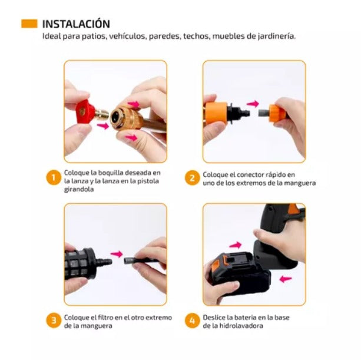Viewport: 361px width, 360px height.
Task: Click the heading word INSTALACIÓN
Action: pyautogui.click(x=76, y=24)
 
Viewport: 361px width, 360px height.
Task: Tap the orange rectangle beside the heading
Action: pyautogui.click(x=29, y=24)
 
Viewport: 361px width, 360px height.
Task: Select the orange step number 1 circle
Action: pyautogui.click(x=54, y=178)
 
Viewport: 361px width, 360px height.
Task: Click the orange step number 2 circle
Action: pyautogui.click(x=192, y=178)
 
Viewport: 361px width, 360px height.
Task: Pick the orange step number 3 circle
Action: pyautogui.click(x=54, y=321)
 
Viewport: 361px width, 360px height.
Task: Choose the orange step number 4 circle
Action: pyautogui.click(x=192, y=321)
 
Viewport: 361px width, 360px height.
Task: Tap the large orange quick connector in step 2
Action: pyautogui.click(x=216, y=113)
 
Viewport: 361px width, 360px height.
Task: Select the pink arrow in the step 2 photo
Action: pyautogui.click(x=253, y=104)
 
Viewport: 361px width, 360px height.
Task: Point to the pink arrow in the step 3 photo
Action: pyautogui.click(x=117, y=254)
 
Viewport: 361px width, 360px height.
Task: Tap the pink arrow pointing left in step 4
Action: pyautogui.click(x=286, y=279)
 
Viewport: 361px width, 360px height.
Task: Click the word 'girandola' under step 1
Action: pyautogui.click(x=79, y=190)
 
